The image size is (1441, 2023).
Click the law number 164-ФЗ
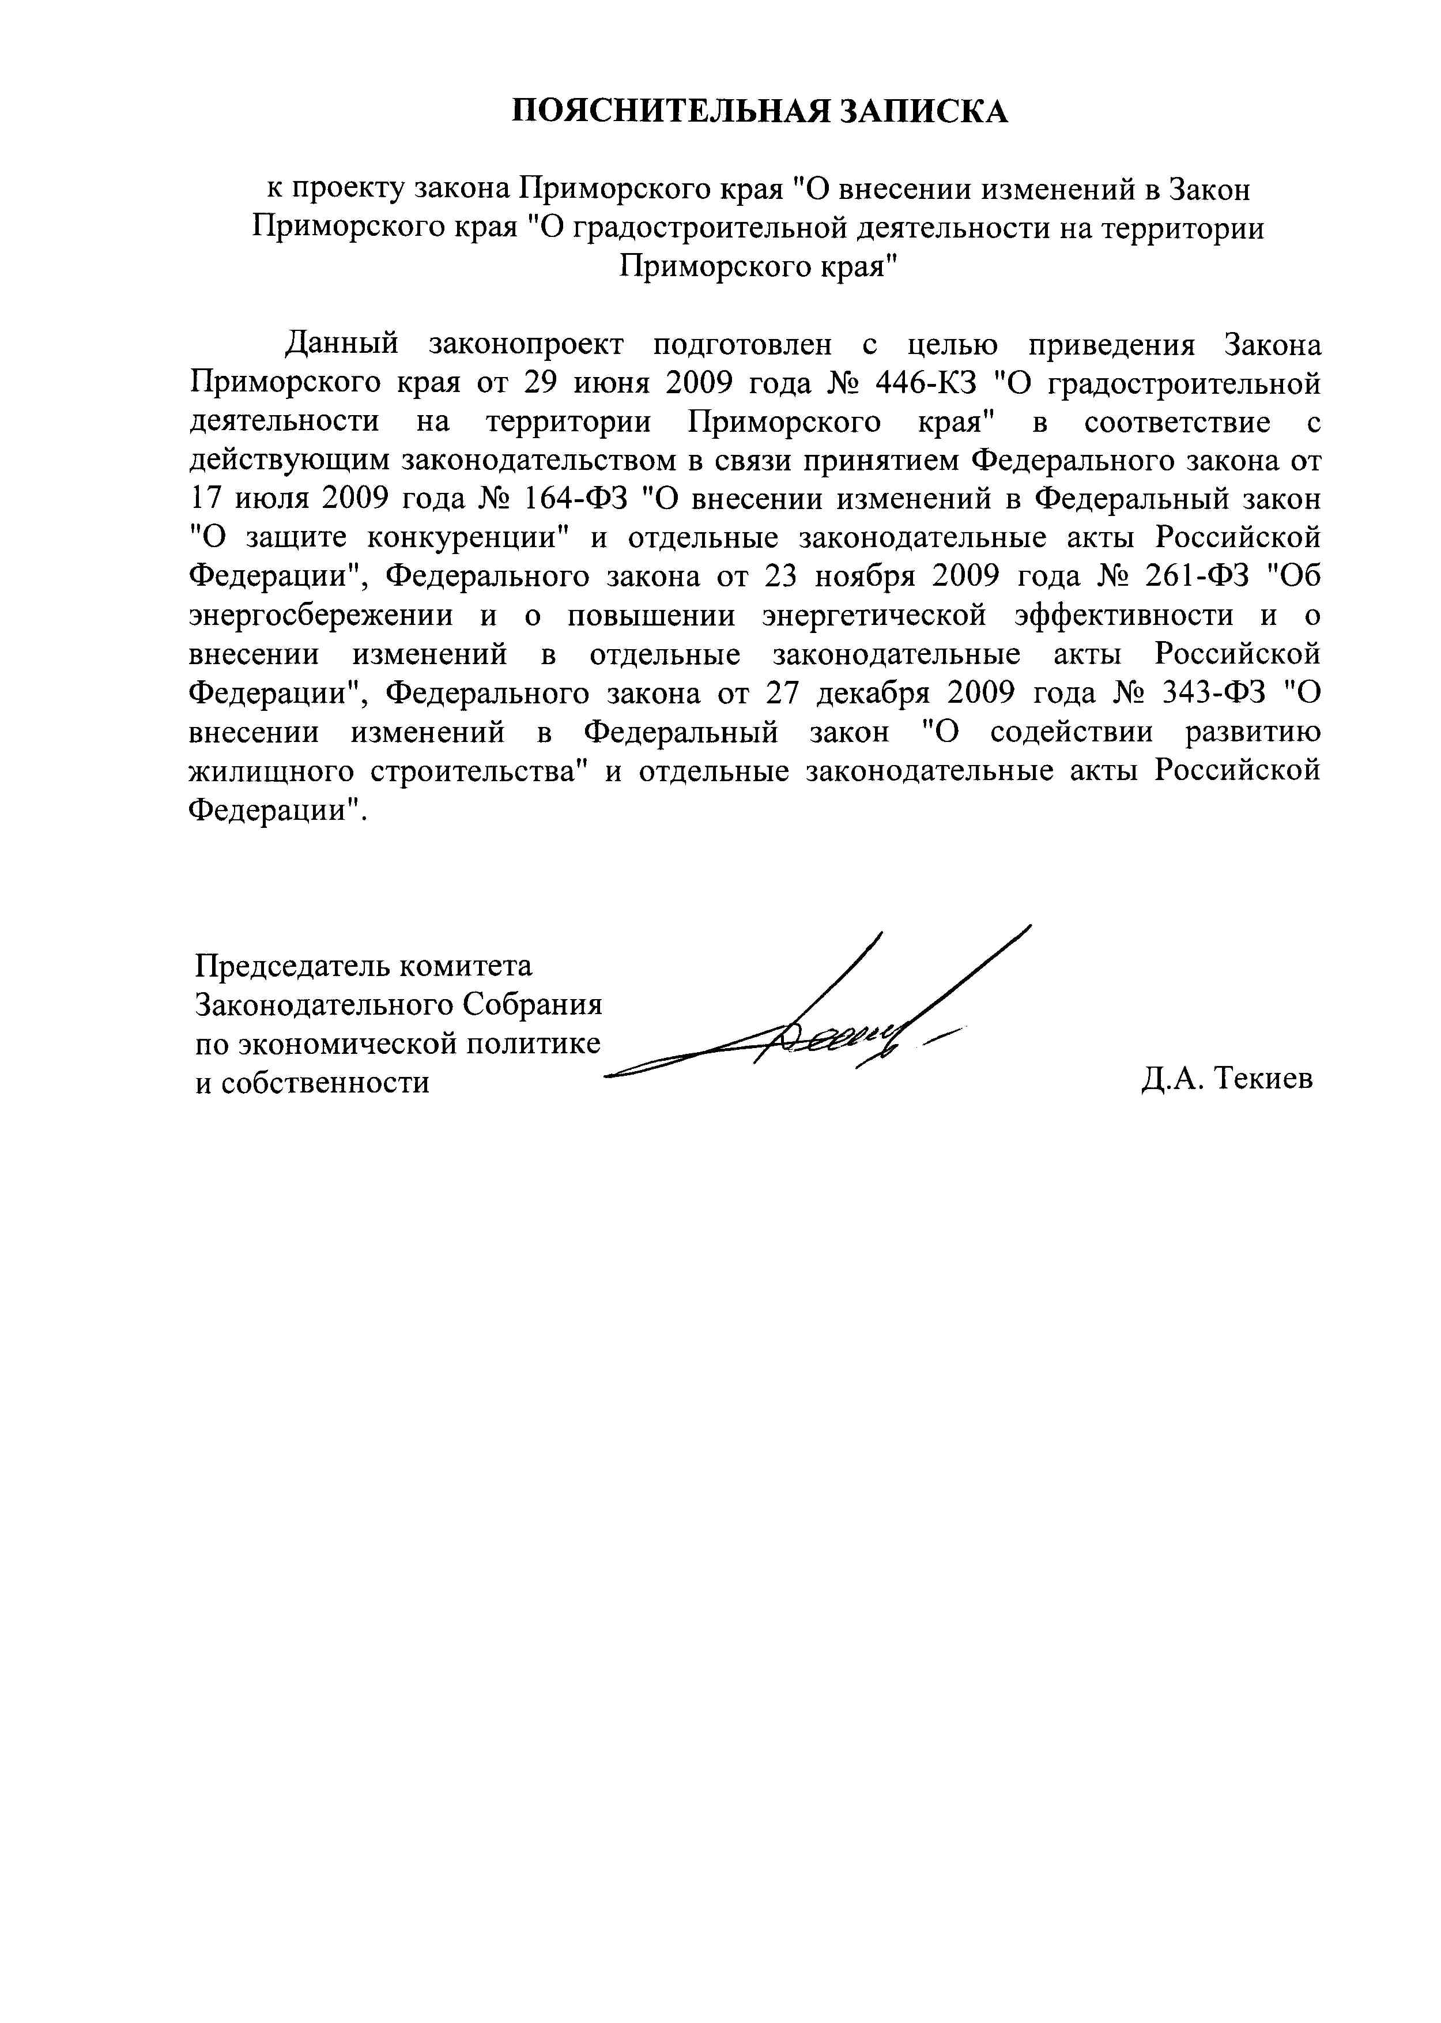pos(576,499)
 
